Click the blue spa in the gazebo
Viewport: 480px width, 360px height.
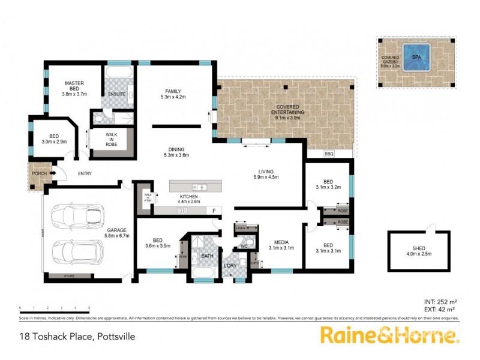(x=416, y=57)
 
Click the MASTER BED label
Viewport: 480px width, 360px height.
(x=74, y=87)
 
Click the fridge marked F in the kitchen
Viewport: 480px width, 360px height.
(x=213, y=211)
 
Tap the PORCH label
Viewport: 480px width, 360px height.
(x=39, y=174)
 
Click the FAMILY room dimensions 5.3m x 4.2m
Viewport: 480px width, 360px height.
(x=175, y=97)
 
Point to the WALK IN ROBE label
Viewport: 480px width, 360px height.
(x=111, y=139)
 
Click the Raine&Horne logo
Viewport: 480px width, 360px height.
(x=390, y=334)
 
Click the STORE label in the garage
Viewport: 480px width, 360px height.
(x=70, y=276)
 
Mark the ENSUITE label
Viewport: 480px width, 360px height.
(x=117, y=94)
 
